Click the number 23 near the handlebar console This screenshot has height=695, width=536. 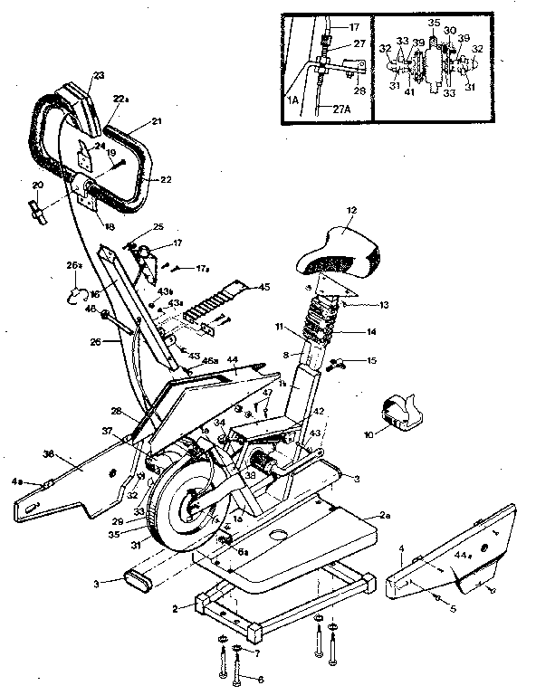[x=99, y=75]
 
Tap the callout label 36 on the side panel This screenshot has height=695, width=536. [x=50, y=455]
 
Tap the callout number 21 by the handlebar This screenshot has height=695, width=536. [x=156, y=119]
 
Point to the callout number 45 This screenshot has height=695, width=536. [x=263, y=288]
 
